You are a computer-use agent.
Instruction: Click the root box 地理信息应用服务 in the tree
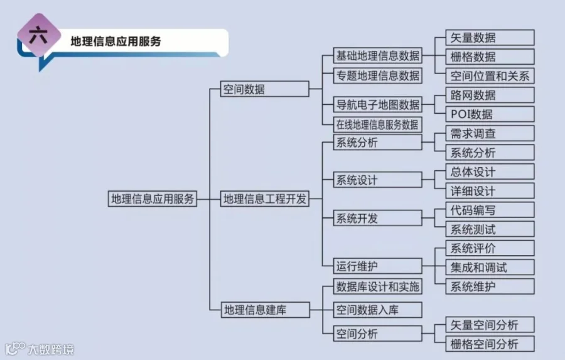click(153, 199)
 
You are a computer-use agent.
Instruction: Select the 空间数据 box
click(265, 89)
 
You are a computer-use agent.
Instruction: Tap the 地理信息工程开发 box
click(265, 199)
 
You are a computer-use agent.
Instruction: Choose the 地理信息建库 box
click(265, 309)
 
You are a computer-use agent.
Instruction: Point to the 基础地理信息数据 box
click(377, 55)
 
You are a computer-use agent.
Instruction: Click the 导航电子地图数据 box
click(377, 104)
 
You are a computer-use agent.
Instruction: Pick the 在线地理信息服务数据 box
click(377, 124)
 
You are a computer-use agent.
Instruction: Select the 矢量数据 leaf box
click(490, 37)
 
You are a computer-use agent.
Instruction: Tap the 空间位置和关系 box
click(490, 76)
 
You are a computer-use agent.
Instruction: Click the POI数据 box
click(490, 114)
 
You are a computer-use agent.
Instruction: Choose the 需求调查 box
click(490, 133)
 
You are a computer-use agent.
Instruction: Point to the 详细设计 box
click(490, 191)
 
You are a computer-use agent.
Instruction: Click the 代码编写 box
click(490, 210)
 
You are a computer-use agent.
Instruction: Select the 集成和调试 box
click(490, 267)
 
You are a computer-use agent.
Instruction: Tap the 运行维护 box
click(377, 266)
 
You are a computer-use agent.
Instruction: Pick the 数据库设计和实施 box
click(377, 287)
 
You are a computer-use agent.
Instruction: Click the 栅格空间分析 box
click(490, 344)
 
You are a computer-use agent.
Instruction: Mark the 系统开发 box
click(377, 218)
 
